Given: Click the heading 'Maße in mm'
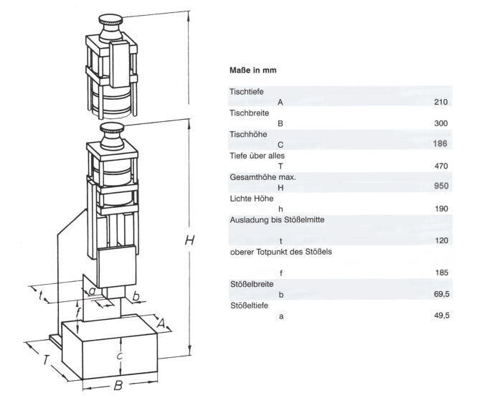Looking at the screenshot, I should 252,70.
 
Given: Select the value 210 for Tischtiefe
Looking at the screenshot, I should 441,102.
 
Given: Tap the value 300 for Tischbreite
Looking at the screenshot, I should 441,123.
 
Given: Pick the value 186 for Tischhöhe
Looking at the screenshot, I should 441,144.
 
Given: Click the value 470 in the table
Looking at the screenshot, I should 441,166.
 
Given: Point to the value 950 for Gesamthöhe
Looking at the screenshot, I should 441,187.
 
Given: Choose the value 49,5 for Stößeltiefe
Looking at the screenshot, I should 441,316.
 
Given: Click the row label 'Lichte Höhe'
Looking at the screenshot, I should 249,198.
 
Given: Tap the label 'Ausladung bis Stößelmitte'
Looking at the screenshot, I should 272,219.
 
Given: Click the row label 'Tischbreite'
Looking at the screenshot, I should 248,113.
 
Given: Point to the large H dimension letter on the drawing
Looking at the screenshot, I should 190,241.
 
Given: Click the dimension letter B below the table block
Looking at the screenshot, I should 115,387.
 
